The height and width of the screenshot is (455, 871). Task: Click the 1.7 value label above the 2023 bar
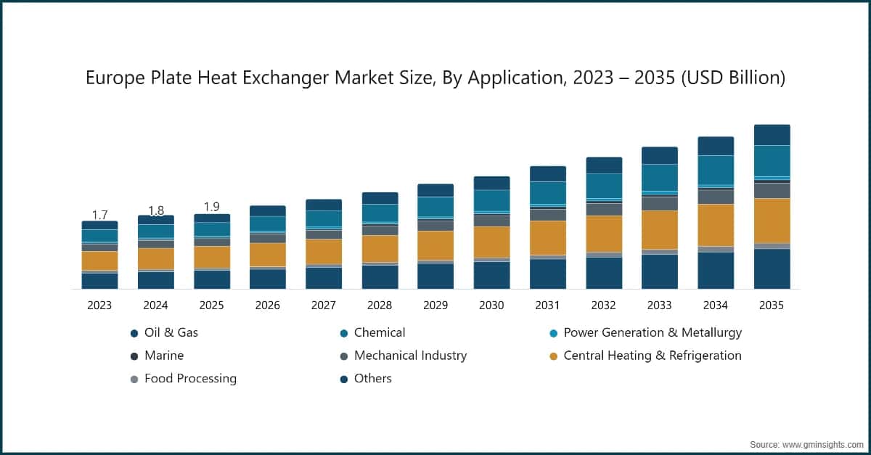coord(99,215)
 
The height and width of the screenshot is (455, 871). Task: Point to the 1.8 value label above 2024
coord(156,210)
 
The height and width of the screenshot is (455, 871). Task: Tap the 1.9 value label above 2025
coord(212,207)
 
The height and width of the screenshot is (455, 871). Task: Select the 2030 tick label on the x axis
coord(491,306)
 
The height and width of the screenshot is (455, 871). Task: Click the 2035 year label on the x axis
coord(772,306)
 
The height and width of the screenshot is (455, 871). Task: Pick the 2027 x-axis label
coord(324,306)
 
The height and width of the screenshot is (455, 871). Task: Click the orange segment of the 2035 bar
coord(772,221)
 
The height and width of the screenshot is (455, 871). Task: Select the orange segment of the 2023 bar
coord(99,261)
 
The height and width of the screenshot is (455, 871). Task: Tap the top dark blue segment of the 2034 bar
coord(716,146)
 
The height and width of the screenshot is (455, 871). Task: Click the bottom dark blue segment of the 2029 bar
coord(435,276)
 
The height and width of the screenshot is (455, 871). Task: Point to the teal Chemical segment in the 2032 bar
coord(604,186)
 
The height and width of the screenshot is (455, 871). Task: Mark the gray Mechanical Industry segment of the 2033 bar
coord(660,203)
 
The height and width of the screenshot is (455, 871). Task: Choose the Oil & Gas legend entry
coord(165,333)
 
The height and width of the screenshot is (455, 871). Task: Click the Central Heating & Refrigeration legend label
coord(653,356)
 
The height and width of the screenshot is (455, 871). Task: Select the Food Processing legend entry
coord(184,378)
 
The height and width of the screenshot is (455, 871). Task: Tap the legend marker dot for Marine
coord(134,356)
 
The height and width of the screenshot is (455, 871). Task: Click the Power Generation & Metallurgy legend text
coord(653,332)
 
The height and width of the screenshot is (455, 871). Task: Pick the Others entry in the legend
coord(366,378)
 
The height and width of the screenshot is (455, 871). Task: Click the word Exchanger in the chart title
coord(285,78)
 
